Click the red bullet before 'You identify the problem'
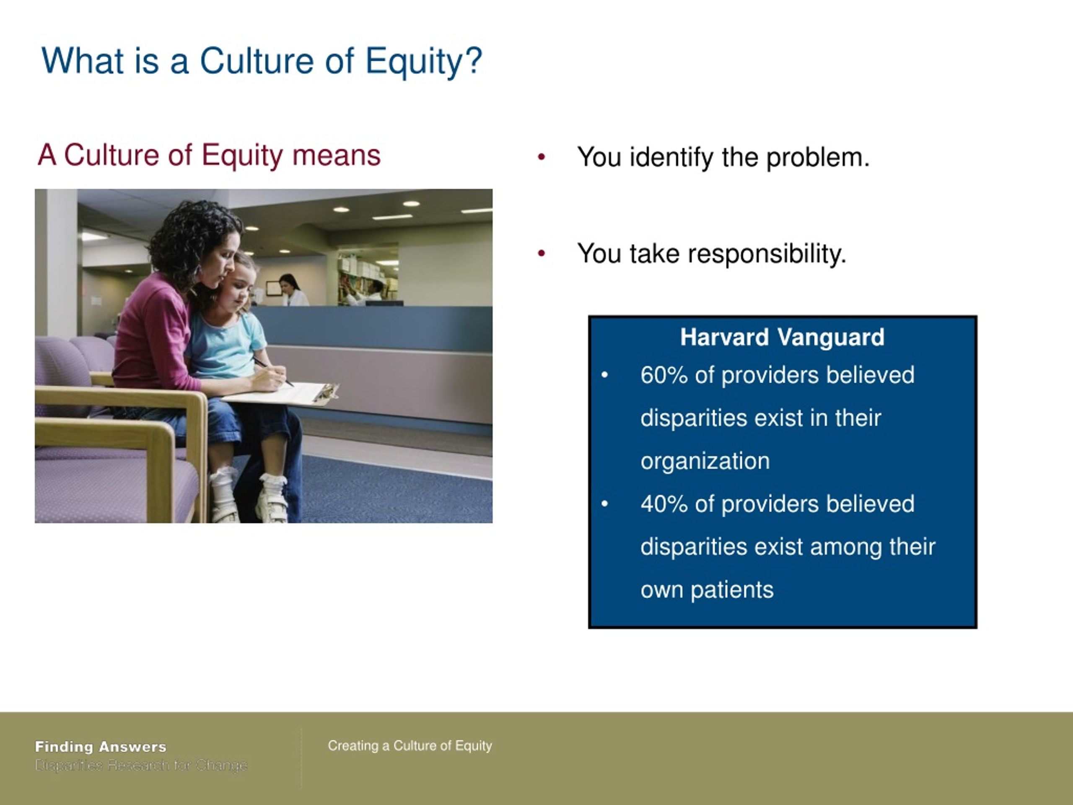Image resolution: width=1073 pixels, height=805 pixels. click(542, 157)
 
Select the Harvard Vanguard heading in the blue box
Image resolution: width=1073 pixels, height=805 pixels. click(782, 337)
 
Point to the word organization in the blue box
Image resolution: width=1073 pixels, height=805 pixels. click(705, 461)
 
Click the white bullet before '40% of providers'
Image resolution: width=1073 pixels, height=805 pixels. click(604, 504)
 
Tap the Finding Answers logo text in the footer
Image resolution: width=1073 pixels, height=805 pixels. click(101, 747)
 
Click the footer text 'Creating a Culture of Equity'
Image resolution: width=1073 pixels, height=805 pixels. click(410, 746)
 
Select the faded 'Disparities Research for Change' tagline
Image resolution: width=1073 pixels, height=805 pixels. click(141, 766)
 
